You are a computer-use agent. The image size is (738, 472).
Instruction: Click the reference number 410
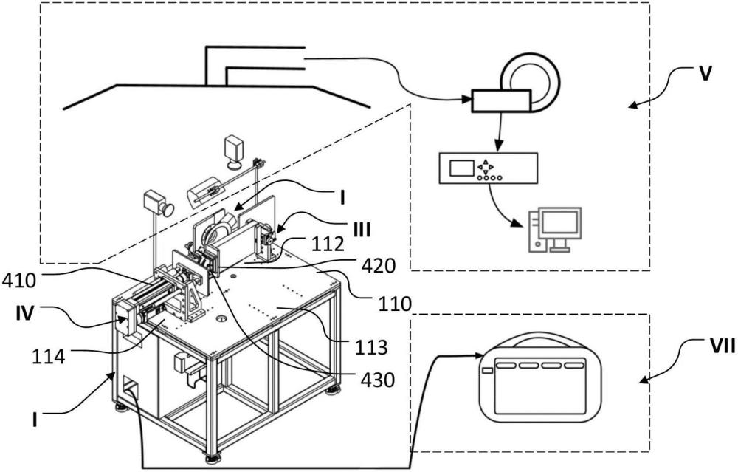coord(19,281)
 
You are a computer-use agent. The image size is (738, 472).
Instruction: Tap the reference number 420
coord(378,267)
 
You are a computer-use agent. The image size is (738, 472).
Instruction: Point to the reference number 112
coord(328,244)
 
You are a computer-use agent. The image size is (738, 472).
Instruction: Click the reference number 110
coord(394,304)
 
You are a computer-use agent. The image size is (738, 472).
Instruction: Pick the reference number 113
coord(371,348)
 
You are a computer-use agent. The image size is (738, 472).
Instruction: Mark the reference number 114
coord(49,357)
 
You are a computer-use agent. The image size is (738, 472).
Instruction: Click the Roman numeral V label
coord(704,75)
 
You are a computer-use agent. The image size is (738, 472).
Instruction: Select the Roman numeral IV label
coord(24,312)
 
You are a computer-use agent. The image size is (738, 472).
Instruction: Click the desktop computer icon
coord(555,230)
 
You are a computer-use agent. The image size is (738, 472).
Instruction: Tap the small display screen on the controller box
coord(462,168)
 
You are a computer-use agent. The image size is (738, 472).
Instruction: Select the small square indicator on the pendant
coord(488,372)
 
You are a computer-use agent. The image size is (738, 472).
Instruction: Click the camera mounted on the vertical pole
coord(159,203)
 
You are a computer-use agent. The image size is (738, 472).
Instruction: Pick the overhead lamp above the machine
coord(235,152)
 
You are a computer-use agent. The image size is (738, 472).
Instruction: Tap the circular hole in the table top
coord(221,319)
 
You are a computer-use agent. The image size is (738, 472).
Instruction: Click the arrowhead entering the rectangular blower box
coord(467,100)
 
